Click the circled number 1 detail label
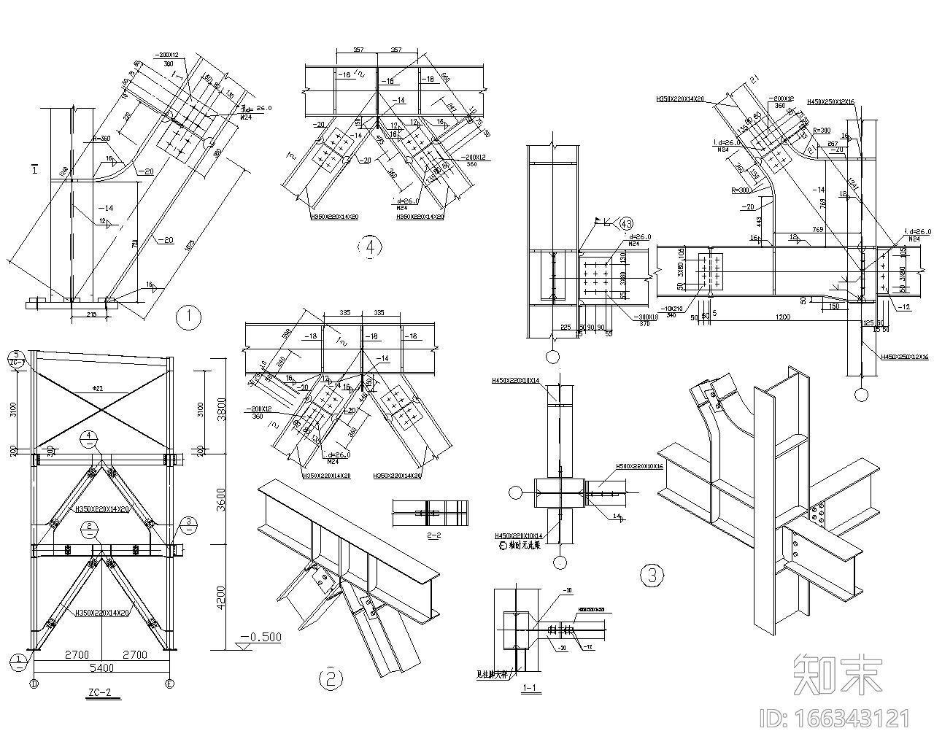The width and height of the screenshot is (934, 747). pyautogui.click(x=189, y=317)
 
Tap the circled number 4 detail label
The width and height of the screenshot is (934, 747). pyautogui.click(x=370, y=247)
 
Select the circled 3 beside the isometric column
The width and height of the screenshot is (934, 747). pyautogui.click(x=652, y=576)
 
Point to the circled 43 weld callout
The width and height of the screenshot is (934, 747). pyautogui.click(x=626, y=223)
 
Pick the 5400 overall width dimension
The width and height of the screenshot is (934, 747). pyautogui.click(x=101, y=667)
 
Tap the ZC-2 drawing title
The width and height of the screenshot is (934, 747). pyautogui.click(x=99, y=693)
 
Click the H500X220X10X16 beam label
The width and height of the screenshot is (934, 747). pyautogui.click(x=639, y=465)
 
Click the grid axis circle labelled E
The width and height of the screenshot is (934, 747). pyautogui.click(x=170, y=684)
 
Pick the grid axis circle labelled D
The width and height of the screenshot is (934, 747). pyautogui.click(x=33, y=684)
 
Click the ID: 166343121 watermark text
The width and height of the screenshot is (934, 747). pyautogui.click(x=835, y=719)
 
